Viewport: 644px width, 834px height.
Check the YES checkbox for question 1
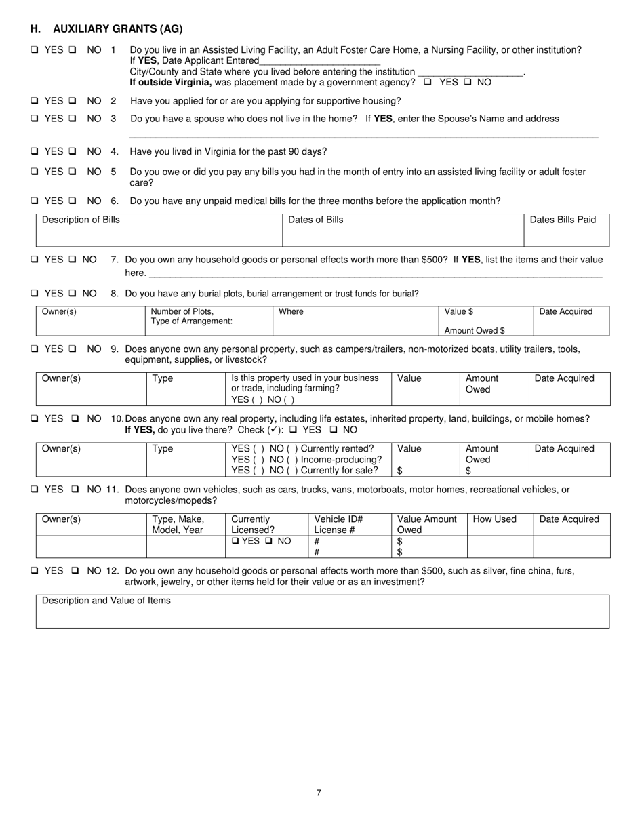point(35,50)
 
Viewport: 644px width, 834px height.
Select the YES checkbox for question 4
point(35,151)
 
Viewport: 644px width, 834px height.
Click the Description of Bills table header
point(81,220)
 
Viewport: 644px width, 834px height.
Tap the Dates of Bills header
point(316,220)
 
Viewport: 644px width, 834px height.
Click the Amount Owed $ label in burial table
point(475,330)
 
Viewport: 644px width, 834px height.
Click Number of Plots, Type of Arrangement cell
point(192,316)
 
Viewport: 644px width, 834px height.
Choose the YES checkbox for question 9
point(35,349)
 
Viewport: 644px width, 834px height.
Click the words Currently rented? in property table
point(337,448)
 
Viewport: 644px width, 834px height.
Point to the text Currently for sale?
point(339,470)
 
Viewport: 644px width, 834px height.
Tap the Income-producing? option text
point(341,459)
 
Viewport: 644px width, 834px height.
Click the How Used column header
point(494,519)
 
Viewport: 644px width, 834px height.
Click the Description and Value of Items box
point(322,611)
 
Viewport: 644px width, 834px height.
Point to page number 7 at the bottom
point(319,793)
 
